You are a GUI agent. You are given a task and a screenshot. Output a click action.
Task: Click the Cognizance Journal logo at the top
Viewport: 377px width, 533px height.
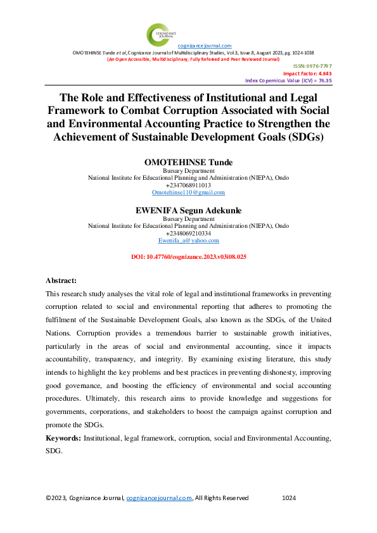(x=158, y=33)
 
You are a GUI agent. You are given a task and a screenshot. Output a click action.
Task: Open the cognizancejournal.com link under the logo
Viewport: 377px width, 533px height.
(x=205, y=46)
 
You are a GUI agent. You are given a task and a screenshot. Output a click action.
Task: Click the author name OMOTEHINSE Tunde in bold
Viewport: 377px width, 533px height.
(x=188, y=163)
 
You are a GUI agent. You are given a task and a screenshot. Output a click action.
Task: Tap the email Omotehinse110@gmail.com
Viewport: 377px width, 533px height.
(x=188, y=192)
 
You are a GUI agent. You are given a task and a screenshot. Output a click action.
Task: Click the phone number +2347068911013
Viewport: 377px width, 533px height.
(x=188, y=185)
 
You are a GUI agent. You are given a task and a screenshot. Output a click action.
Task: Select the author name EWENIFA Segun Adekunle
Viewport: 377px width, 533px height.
(x=188, y=211)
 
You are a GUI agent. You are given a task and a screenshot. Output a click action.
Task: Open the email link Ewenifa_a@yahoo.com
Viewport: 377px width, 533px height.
(x=188, y=241)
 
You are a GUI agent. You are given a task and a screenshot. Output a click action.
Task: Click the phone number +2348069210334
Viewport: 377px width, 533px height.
(x=188, y=234)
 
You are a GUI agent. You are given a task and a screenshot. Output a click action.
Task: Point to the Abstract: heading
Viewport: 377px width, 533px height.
(x=61, y=280)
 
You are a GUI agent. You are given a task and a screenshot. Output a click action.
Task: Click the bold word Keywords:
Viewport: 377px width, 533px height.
(x=63, y=438)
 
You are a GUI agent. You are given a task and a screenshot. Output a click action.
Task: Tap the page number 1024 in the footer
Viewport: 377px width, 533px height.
(x=288, y=498)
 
